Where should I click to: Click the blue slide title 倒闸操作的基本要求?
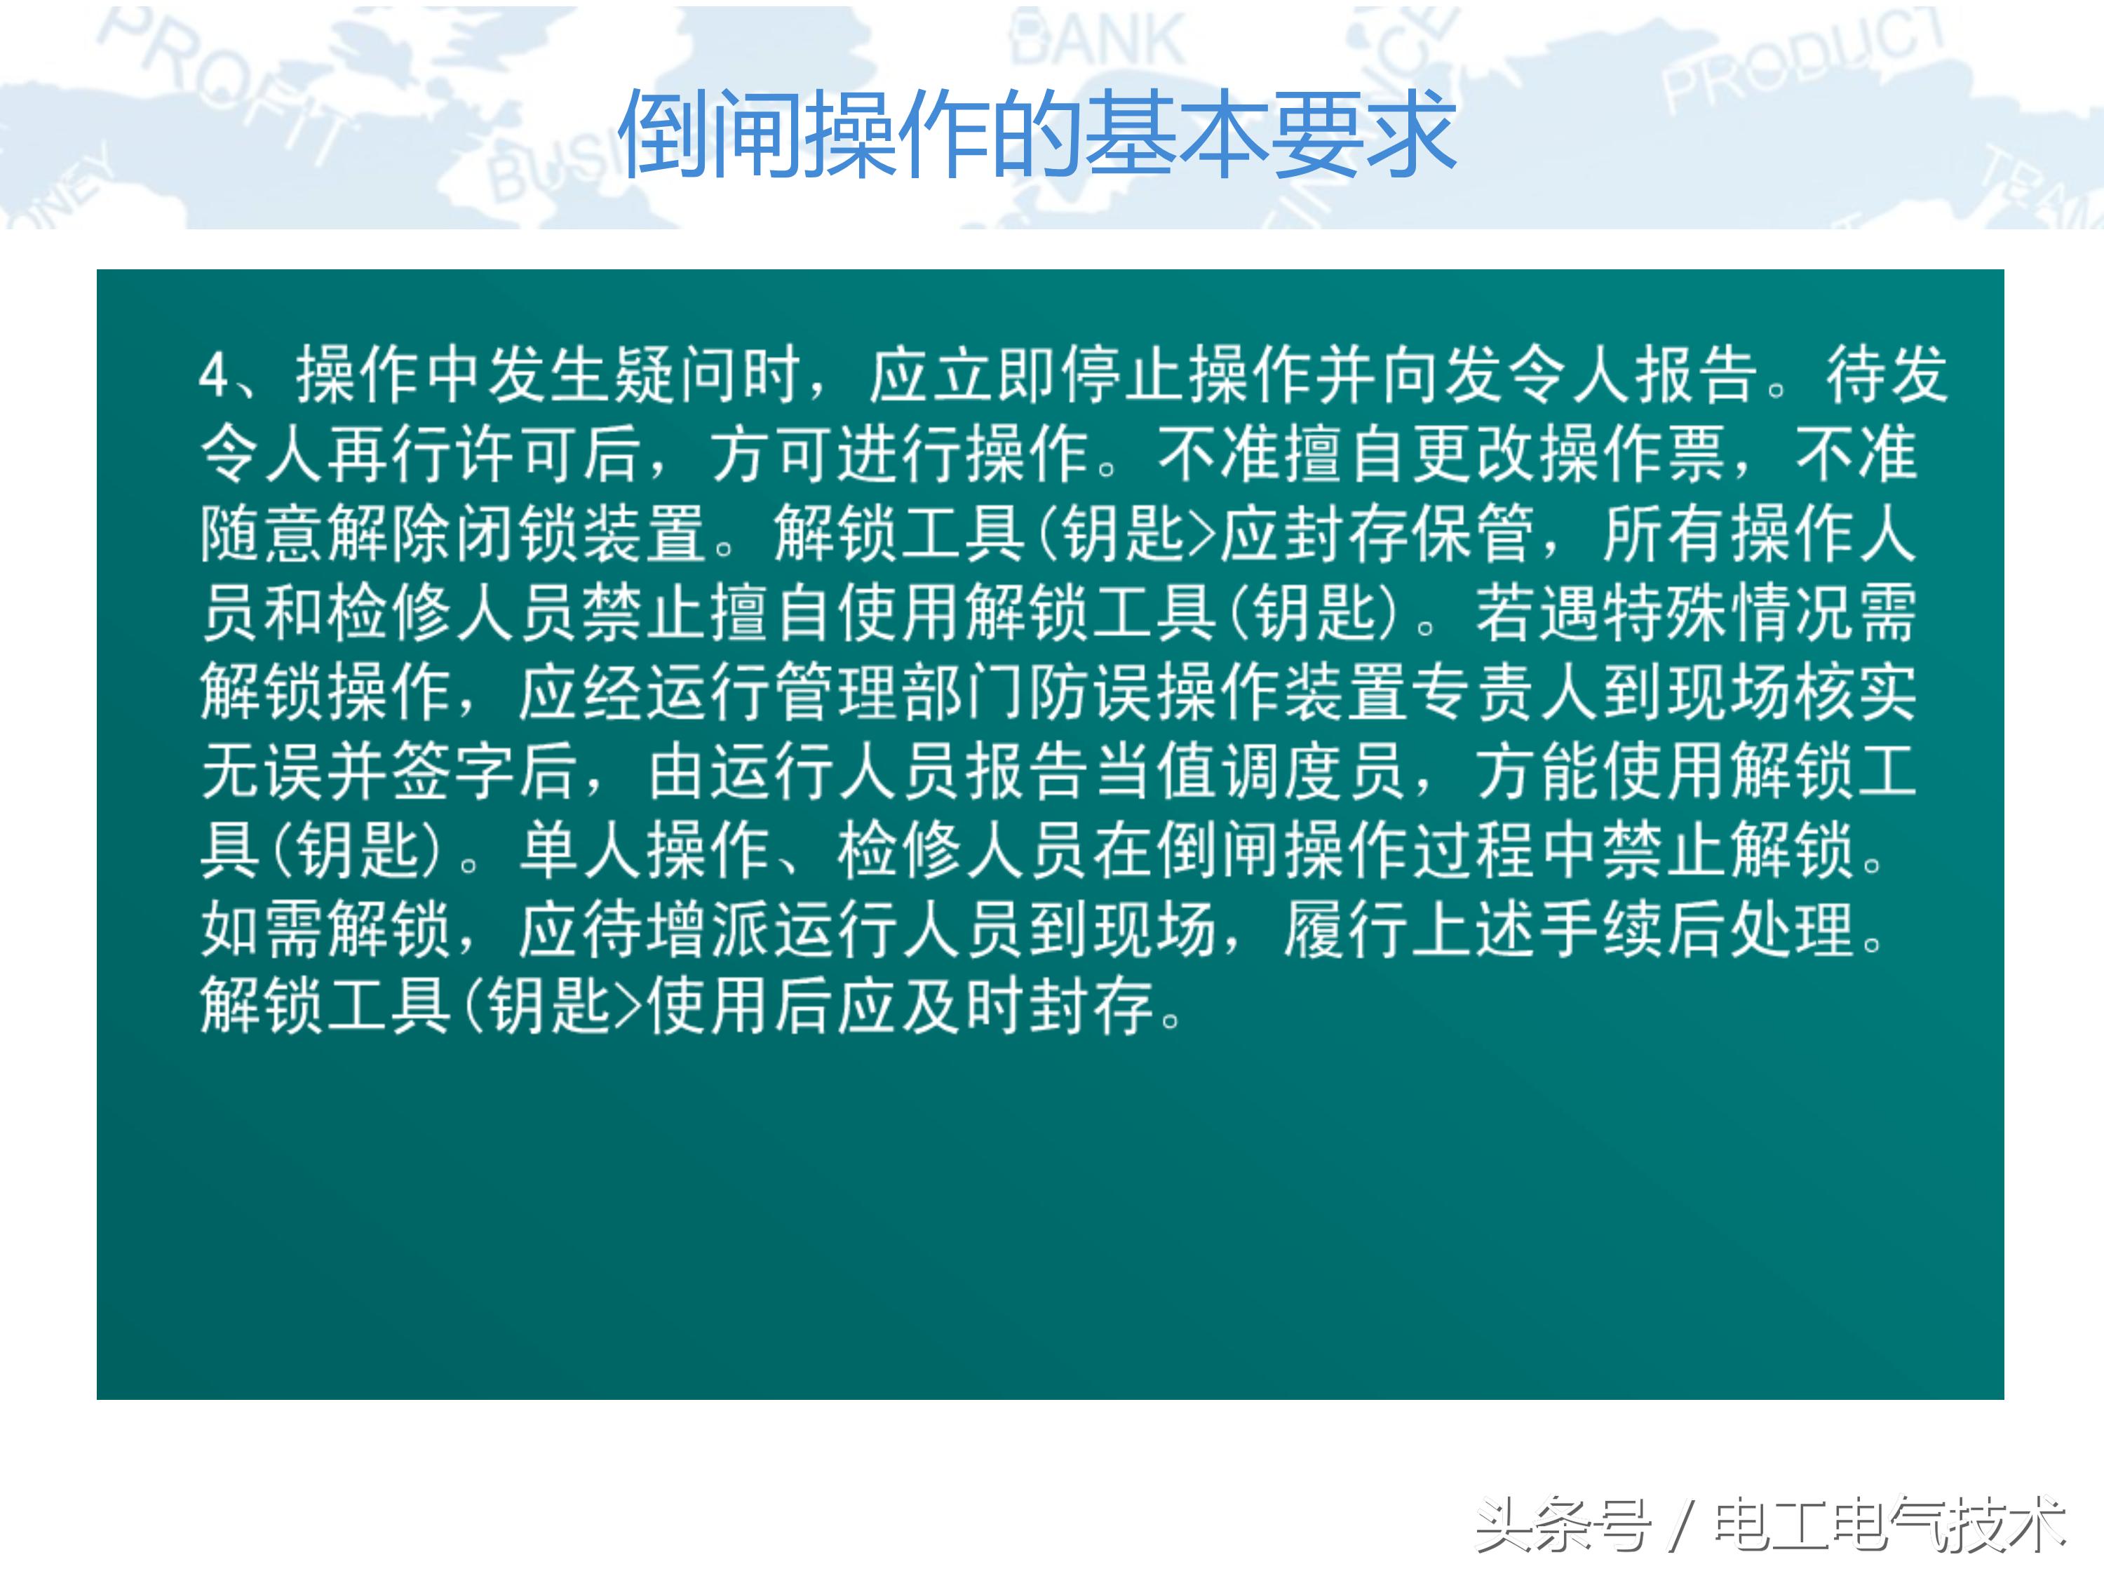[1037, 133]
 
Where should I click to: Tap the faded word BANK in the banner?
[1098, 40]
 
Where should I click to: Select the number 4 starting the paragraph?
[213, 376]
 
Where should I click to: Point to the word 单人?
[581, 850]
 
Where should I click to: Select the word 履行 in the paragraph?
[1345, 929]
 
